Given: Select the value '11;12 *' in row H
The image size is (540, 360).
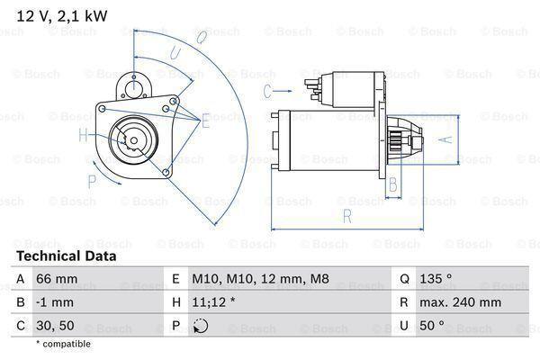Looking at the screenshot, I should point(214,303).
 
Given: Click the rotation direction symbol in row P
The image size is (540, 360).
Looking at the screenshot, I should point(200,326).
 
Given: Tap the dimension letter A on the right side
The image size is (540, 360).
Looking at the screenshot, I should point(443,138).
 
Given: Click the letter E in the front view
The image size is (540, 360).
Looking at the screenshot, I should point(205,121).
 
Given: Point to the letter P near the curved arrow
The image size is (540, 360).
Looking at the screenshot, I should point(92,180).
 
